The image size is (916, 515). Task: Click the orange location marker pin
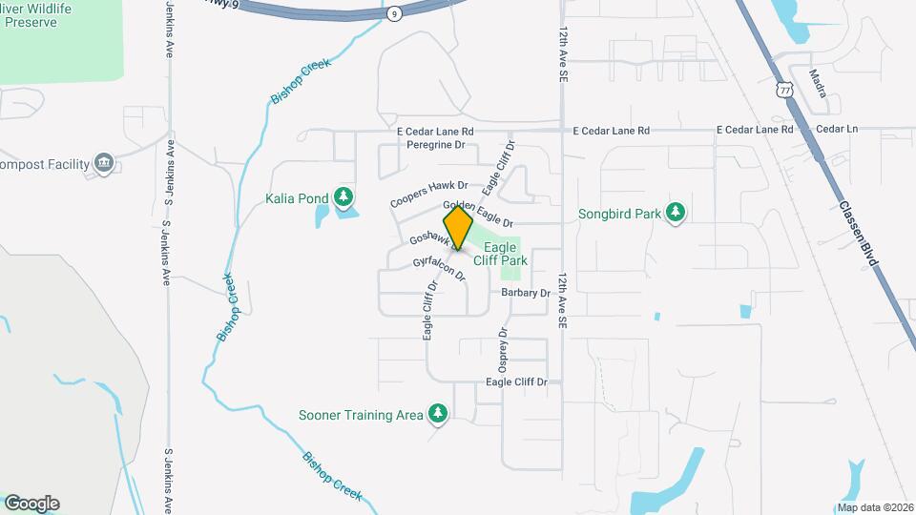[x=458, y=229]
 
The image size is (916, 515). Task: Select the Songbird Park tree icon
[x=676, y=213]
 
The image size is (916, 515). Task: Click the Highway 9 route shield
[x=394, y=13]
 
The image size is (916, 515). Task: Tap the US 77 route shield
[x=784, y=90]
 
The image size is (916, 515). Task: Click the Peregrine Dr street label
[x=434, y=145]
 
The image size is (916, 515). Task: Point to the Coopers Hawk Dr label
[x=429, y=195]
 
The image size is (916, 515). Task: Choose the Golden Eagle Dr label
[x=478, y=214]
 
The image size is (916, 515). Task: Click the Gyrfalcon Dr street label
[x=439, y=268]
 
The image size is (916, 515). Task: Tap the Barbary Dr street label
[x=525, y=293]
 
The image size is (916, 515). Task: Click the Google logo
[x=31, y=503]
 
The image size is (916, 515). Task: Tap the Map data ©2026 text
[x=874, y=507]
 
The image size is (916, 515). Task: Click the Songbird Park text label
[x=620, y=214]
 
